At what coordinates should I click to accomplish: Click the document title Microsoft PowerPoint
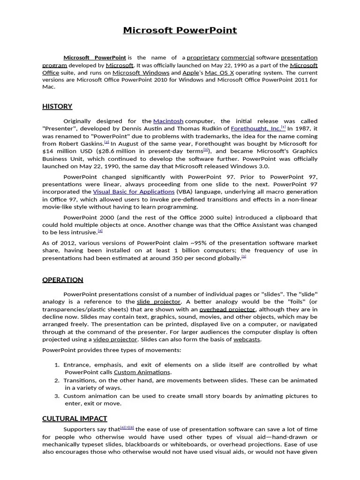180,30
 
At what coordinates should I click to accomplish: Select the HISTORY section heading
57,106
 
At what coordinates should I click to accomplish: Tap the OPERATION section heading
63,280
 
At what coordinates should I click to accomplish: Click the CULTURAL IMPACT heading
75,418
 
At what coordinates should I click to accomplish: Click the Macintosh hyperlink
168,121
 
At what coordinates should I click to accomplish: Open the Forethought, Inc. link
255,128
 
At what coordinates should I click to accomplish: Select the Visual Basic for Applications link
134,192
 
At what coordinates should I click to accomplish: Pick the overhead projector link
227,309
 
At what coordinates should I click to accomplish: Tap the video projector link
115,339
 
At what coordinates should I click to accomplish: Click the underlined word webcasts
247,339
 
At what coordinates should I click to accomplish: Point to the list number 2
57,380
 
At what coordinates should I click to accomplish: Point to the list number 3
57,396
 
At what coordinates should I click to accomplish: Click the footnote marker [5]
244,256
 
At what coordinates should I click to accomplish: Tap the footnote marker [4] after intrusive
100,231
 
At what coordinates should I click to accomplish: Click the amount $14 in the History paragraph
48,151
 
